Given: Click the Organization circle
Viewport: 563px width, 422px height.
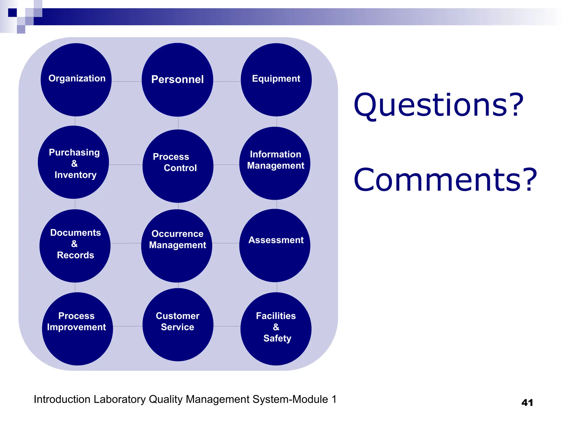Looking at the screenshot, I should (x=76, y=80).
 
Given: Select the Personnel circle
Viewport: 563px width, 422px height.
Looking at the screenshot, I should (x=177, y=80).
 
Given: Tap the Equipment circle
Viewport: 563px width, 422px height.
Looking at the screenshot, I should (x=276, y=80).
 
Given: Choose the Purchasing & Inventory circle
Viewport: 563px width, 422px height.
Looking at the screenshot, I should (x=73, y=162).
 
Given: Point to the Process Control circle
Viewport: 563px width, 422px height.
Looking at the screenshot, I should (x=178, y=166).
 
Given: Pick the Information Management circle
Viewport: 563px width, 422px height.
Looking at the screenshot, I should (x=275, y=163).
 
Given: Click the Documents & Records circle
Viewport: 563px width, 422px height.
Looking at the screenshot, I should (x=75, y=246).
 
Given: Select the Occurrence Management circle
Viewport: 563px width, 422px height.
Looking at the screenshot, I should (x=177, y=246).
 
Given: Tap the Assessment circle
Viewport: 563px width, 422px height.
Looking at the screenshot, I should (x=275, y=245).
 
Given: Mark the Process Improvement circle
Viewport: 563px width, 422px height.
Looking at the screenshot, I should (x=78, y=329).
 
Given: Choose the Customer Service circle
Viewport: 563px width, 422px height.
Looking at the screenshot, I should (x=178, y=324).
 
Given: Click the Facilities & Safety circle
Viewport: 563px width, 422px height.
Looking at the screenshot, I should (x=276, y=329).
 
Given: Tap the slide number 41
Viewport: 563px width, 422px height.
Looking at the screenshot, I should (x=527, y=402).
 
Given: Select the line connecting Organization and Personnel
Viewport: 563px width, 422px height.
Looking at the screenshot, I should (x=126, y=82).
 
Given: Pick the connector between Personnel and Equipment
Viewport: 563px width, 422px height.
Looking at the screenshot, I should (x=227, y=82).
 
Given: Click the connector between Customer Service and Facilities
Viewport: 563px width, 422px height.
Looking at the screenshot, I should (x=227, y=326).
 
